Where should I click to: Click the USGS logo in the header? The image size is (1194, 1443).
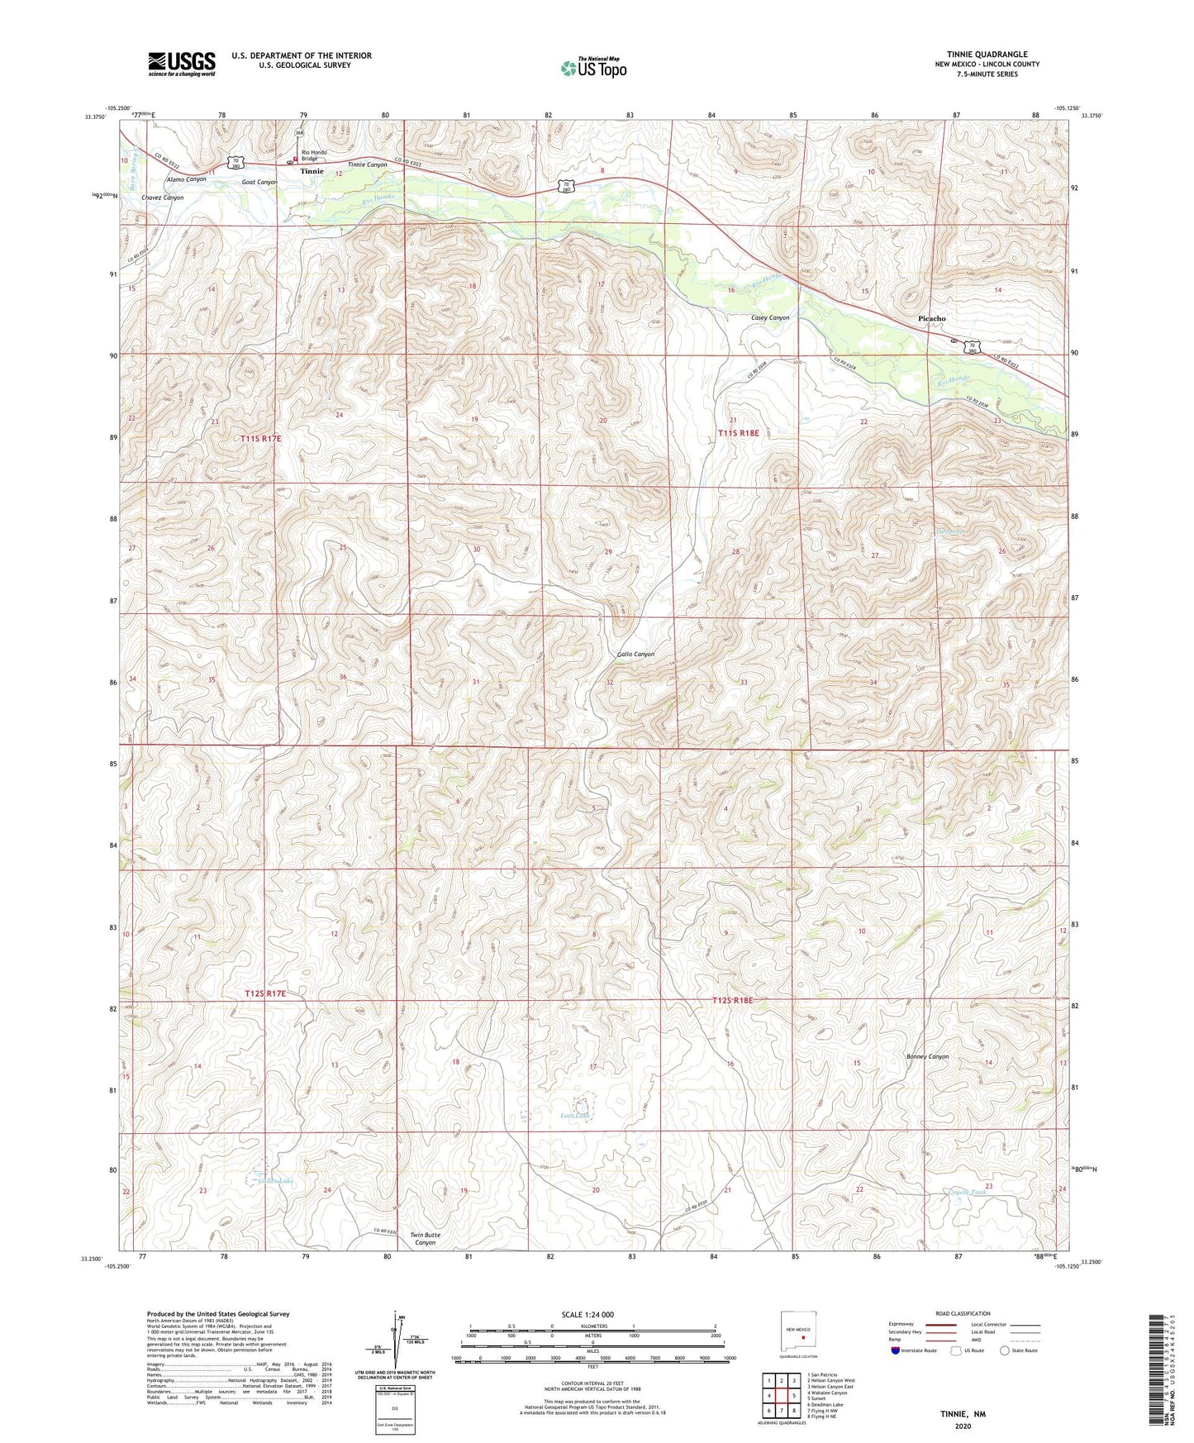[x=181, y=64]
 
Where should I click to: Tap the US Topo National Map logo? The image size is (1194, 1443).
[x=593, y=68]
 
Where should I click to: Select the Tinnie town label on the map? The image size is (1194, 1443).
[x=312, y=171]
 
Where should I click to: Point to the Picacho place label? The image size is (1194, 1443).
[x=931, y=318]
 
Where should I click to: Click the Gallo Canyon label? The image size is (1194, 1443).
[x=635, y=654]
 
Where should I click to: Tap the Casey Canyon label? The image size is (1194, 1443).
[x=769, y=317]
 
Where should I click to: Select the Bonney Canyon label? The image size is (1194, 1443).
[x=927, y=1056]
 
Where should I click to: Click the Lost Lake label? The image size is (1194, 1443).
[x=574, y=1116]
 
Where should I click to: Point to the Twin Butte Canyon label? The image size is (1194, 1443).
[x=425, y=1238]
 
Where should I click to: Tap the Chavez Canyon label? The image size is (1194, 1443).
[x=162, y=198]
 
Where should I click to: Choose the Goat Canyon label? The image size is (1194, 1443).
[x=259, y=182]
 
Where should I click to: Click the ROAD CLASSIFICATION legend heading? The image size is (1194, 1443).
[x=962, y=1313]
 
